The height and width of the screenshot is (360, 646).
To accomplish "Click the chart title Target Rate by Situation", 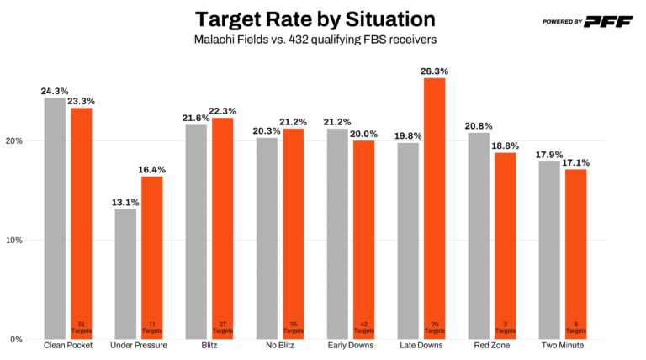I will coord(315,19).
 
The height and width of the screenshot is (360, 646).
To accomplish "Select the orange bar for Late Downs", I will coord(434,208).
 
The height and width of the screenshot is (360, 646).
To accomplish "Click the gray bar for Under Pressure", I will coord(125,273).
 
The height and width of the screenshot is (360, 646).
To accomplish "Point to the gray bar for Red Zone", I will coord(478,236).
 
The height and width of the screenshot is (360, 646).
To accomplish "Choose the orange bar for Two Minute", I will coord(575,254).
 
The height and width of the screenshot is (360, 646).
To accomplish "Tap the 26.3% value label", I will coord(434,71).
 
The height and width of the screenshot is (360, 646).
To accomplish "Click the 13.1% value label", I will coord(125,202).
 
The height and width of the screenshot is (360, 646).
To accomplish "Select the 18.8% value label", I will coord(505,146).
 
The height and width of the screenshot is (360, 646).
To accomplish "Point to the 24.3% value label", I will coord(55,91).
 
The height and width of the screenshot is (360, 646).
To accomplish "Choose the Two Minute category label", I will coord(562,346).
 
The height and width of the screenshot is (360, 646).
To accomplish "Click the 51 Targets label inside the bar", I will coord(82,327).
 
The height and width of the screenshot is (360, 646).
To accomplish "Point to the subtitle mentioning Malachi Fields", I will coord(315,39).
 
